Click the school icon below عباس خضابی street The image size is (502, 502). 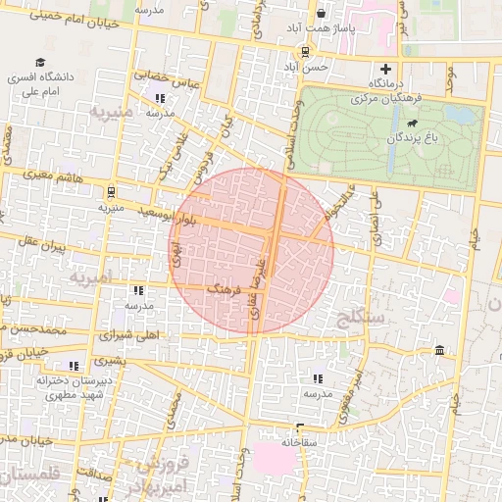coord(160,98)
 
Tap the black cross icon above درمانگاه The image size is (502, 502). coord(386,70)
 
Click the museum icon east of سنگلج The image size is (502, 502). coord(437,351)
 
